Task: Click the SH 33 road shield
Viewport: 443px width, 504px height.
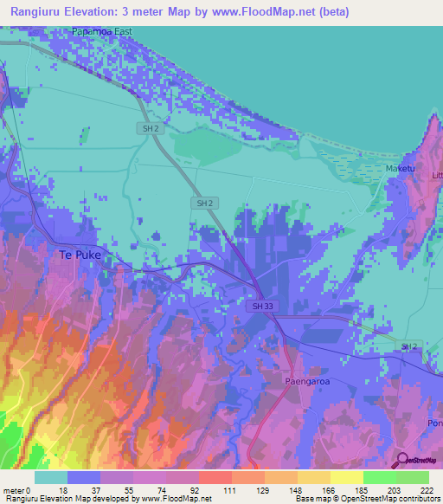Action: [x=259, y=307]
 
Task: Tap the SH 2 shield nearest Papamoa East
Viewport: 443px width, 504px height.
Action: [x=150, y=128]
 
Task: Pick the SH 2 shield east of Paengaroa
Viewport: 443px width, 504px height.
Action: [x=408, y=346]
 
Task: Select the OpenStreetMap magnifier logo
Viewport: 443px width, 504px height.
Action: [x=401, y=461]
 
